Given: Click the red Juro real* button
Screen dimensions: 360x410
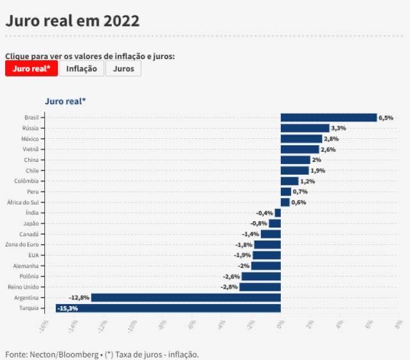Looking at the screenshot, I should (31, 69).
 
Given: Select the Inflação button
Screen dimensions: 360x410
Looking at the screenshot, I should (82, 69).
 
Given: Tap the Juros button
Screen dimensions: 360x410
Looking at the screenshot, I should (123, 69).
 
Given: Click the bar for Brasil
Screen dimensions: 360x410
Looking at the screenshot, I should (328, 118).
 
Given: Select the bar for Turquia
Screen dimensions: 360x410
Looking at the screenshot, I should (168, 309).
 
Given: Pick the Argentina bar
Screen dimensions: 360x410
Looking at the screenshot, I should (186, 298).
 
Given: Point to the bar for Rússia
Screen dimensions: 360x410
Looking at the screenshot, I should (305, 128).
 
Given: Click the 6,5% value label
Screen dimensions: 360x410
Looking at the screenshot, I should (386, 118).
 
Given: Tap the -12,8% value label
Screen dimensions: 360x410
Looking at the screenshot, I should (79, 298).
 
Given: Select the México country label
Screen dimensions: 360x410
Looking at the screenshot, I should (30, 139).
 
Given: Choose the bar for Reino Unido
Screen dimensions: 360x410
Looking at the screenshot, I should (260, 287).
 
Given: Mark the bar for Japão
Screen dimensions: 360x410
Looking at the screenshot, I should (274, 223).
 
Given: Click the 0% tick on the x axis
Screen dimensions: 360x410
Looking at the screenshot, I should (281, 325).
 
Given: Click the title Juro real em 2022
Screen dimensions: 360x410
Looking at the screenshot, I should (72, 21).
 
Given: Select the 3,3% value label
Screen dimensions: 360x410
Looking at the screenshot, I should (338, 128).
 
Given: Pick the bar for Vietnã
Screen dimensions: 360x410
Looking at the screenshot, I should (299, 149).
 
